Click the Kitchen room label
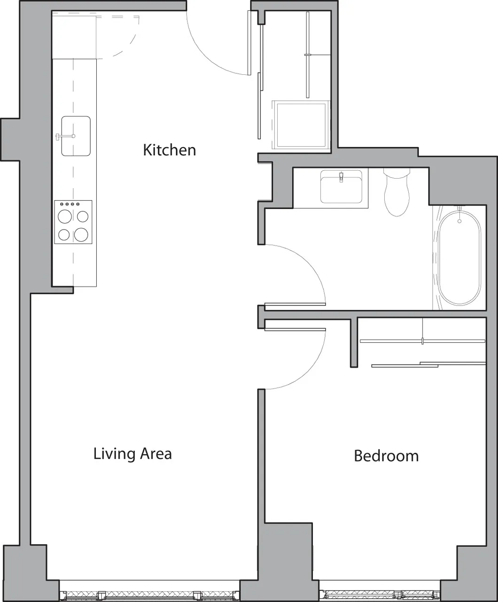169,150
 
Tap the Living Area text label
132,454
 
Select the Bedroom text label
386,456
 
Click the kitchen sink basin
76,136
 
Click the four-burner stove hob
73,222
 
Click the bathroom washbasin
341,187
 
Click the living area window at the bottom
150,595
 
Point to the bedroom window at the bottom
379,595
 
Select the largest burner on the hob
81,234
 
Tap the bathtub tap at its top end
459,209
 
